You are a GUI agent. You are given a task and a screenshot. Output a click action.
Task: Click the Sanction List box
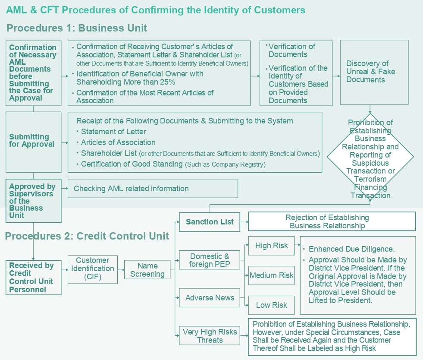(210, 222)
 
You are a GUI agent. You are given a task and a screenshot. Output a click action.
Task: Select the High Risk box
(271, 246)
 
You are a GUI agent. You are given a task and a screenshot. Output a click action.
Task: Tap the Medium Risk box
(271, 275)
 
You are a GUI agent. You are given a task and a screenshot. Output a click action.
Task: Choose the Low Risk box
(271, 305)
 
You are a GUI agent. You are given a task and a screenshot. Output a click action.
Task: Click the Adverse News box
(210, 298)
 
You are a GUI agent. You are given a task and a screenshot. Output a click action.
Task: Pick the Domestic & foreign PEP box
(210, 260)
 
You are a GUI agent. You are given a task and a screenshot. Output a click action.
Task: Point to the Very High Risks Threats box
(210, 336)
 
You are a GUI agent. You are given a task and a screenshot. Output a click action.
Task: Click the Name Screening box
(147, 270)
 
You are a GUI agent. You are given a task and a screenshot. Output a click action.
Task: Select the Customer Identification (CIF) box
(92, 269)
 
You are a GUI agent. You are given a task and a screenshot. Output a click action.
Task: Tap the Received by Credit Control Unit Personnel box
(33, 278)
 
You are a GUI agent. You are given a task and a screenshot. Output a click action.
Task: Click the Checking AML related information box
(153, 189)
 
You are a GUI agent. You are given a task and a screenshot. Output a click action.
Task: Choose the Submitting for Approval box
(33, 141)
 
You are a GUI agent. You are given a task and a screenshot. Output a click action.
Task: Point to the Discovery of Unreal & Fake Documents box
(374, 72)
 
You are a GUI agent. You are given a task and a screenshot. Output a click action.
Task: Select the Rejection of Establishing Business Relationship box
(332, 221)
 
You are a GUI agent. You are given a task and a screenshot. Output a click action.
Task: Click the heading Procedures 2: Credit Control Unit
(87, 236)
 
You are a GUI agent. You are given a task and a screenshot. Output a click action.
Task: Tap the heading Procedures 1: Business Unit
(77, 28)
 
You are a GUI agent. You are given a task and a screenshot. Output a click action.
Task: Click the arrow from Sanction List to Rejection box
(244, 222)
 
